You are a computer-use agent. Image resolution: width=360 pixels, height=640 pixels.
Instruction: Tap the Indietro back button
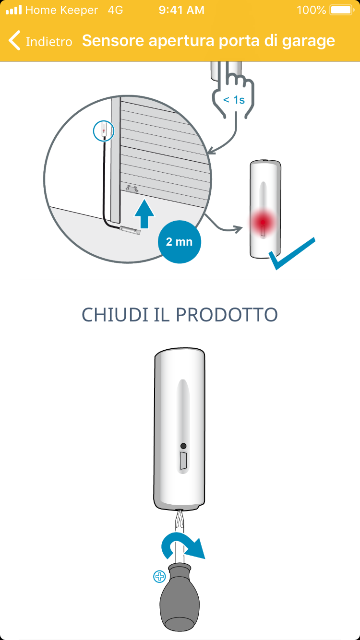40,41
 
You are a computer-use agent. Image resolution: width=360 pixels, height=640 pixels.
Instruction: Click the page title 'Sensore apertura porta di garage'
208,41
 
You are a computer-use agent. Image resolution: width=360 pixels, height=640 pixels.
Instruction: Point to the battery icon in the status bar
342,10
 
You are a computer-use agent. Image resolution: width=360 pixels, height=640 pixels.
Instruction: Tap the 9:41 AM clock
181,10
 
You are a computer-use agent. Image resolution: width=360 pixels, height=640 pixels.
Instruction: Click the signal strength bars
13,10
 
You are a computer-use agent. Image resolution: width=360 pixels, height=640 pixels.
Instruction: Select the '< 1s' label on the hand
234,100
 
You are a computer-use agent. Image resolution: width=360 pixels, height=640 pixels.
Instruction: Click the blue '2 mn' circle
180,242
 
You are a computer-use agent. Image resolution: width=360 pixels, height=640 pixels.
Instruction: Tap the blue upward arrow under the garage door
144,213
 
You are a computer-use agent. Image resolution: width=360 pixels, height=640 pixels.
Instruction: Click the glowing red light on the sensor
263,222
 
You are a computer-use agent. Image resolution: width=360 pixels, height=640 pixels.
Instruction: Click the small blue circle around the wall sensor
104,131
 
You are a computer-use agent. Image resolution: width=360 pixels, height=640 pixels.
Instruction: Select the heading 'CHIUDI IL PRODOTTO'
180,315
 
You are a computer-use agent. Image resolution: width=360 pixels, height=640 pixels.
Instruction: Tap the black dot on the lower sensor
183,446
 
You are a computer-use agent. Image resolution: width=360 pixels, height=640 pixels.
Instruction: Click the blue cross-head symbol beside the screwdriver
159,576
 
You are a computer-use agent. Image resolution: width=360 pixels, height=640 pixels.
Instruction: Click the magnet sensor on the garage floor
130,230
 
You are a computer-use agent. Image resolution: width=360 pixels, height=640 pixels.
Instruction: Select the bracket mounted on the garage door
132,189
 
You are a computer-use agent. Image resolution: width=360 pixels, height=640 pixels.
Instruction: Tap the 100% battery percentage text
312,10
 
